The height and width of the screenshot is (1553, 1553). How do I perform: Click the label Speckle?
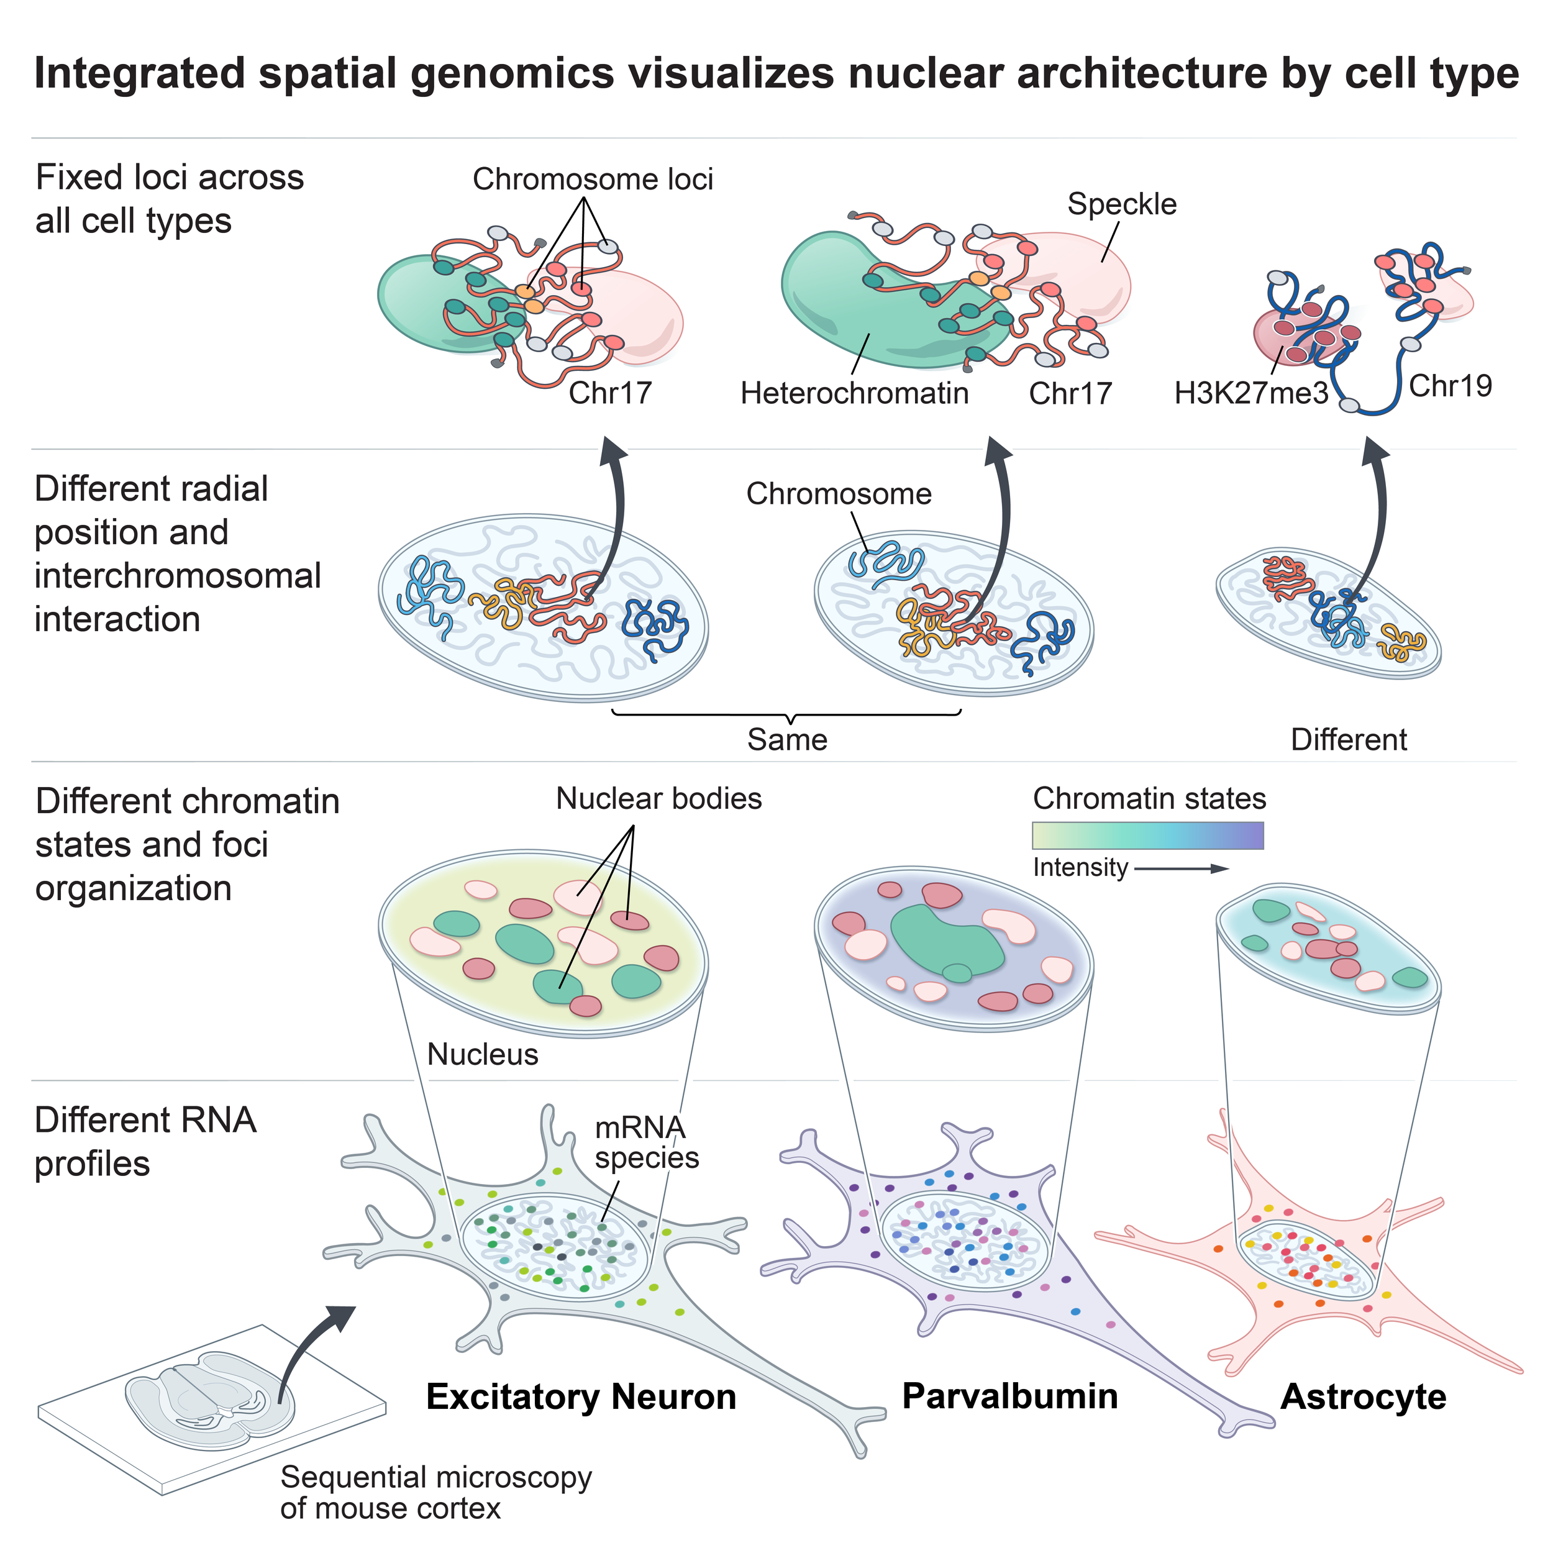(x=1121, y=205)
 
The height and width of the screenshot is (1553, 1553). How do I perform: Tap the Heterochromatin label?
(x=855, y=393)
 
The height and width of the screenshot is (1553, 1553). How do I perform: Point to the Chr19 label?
(x=1450, y=386)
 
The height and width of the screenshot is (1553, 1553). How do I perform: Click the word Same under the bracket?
(x=787, y=739)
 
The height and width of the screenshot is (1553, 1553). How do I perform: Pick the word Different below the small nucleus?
(x=1349, y=739)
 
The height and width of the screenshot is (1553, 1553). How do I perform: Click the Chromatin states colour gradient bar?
(x=1148, y=835)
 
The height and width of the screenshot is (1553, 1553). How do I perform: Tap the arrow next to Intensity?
(x=1182, y=868)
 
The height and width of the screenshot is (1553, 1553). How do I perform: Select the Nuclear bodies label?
(x=659, y=798)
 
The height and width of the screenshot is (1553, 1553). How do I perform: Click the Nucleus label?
(x=482, y=1054)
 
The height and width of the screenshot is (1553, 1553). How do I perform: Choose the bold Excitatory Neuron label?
(x=581, y=1396)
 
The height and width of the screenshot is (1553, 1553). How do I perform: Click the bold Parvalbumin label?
(x=1009, y=1396)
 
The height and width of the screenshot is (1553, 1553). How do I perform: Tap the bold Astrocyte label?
(x=1364, y=1397)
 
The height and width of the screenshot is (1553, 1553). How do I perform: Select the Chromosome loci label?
(x=593, y=180)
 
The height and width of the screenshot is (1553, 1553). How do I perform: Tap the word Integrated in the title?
(x=140, y=74)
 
